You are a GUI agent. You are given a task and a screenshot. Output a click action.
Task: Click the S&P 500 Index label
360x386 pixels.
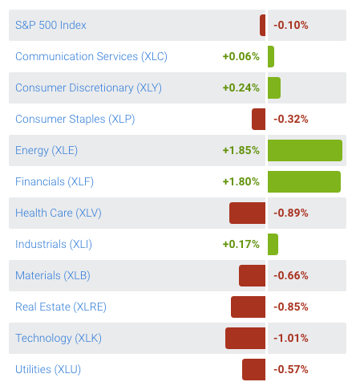[51, 25]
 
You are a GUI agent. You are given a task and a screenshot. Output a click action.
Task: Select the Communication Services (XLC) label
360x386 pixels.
[91, 56]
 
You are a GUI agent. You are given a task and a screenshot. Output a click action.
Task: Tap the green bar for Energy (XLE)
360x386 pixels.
[305, 150]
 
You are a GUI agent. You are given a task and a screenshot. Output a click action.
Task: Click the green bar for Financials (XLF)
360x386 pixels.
[304, 181]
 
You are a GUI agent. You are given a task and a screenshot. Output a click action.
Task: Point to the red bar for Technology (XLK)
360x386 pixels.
[245, 338]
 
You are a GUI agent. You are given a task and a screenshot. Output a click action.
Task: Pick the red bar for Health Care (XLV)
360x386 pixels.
[247, 213]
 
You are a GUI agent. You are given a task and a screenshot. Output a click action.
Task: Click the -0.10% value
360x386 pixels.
[290, 25]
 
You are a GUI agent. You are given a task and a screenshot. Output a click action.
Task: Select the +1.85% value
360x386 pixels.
[241, 150]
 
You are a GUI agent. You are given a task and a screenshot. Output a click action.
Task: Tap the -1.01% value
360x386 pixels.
[290, 338]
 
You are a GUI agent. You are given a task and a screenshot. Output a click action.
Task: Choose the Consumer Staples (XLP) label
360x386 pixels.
[75, 119]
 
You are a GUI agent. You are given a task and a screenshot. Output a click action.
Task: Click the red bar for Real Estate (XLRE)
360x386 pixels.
[248, 307]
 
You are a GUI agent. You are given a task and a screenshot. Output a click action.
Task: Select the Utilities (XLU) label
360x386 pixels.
[48, 369]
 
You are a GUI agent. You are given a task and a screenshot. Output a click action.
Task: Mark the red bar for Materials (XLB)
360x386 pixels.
[252, 275]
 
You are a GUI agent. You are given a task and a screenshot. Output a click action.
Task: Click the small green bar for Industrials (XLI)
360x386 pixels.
[273, 244]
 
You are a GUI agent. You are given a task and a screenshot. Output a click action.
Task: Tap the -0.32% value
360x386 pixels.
[290, 119]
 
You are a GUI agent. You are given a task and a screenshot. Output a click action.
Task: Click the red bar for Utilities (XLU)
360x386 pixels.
[253, 369]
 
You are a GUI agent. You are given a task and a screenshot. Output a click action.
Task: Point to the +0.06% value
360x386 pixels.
[241, 56]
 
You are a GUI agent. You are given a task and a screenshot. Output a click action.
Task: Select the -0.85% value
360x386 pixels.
[290, 307]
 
